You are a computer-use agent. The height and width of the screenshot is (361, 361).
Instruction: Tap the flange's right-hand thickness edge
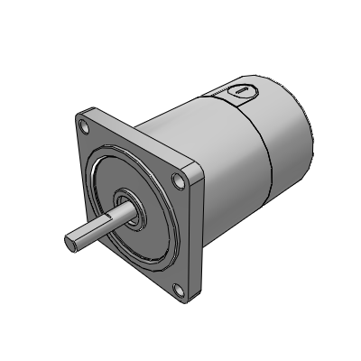[203, 235]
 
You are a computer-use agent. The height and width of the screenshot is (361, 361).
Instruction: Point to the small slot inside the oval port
[239, 90]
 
